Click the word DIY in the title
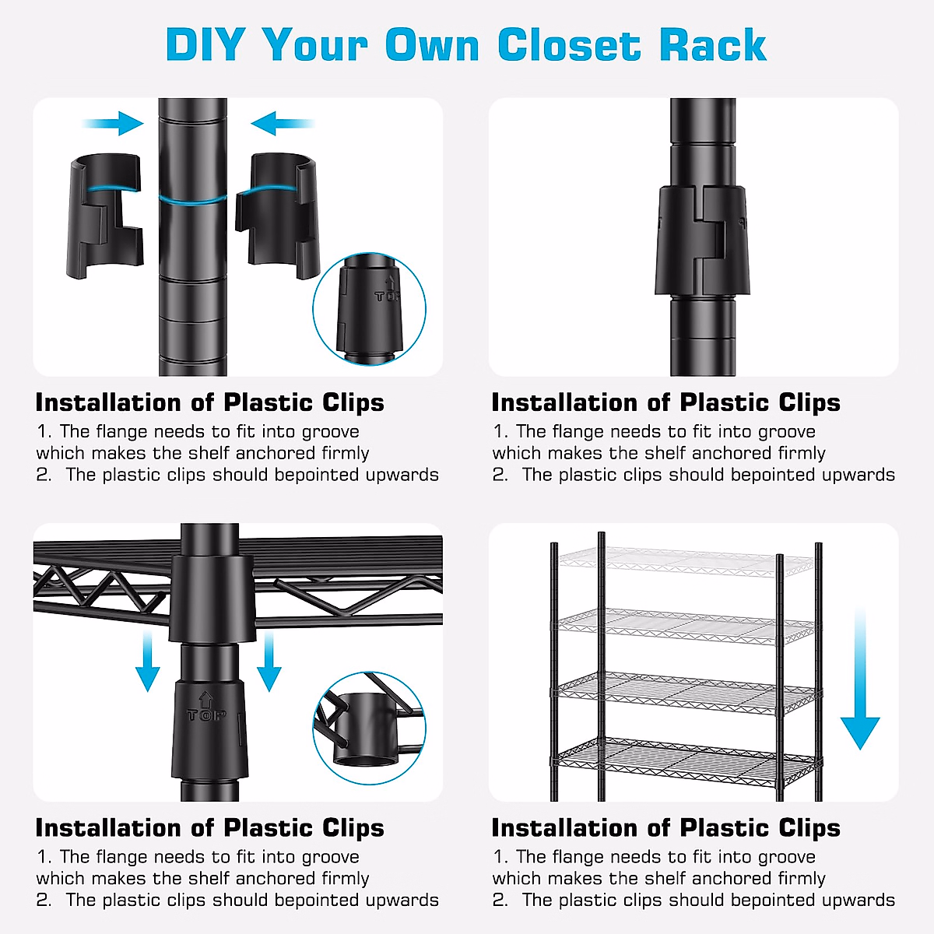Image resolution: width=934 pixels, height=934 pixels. (205, 44)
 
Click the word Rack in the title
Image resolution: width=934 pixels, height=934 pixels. (712, 44)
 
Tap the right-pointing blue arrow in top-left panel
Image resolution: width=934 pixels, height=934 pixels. (114, 123)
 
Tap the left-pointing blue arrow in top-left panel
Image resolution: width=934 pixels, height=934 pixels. (282, 123)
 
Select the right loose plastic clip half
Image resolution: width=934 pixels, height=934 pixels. (276, 214)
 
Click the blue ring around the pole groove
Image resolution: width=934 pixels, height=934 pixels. (193, 199)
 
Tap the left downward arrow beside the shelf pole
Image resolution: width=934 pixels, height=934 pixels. (147, 662)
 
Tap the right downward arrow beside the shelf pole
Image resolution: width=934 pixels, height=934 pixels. (269, 662)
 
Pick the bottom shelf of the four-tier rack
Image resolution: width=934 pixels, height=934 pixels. (685, 759)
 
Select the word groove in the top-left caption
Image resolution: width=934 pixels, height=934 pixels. (330, 431)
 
